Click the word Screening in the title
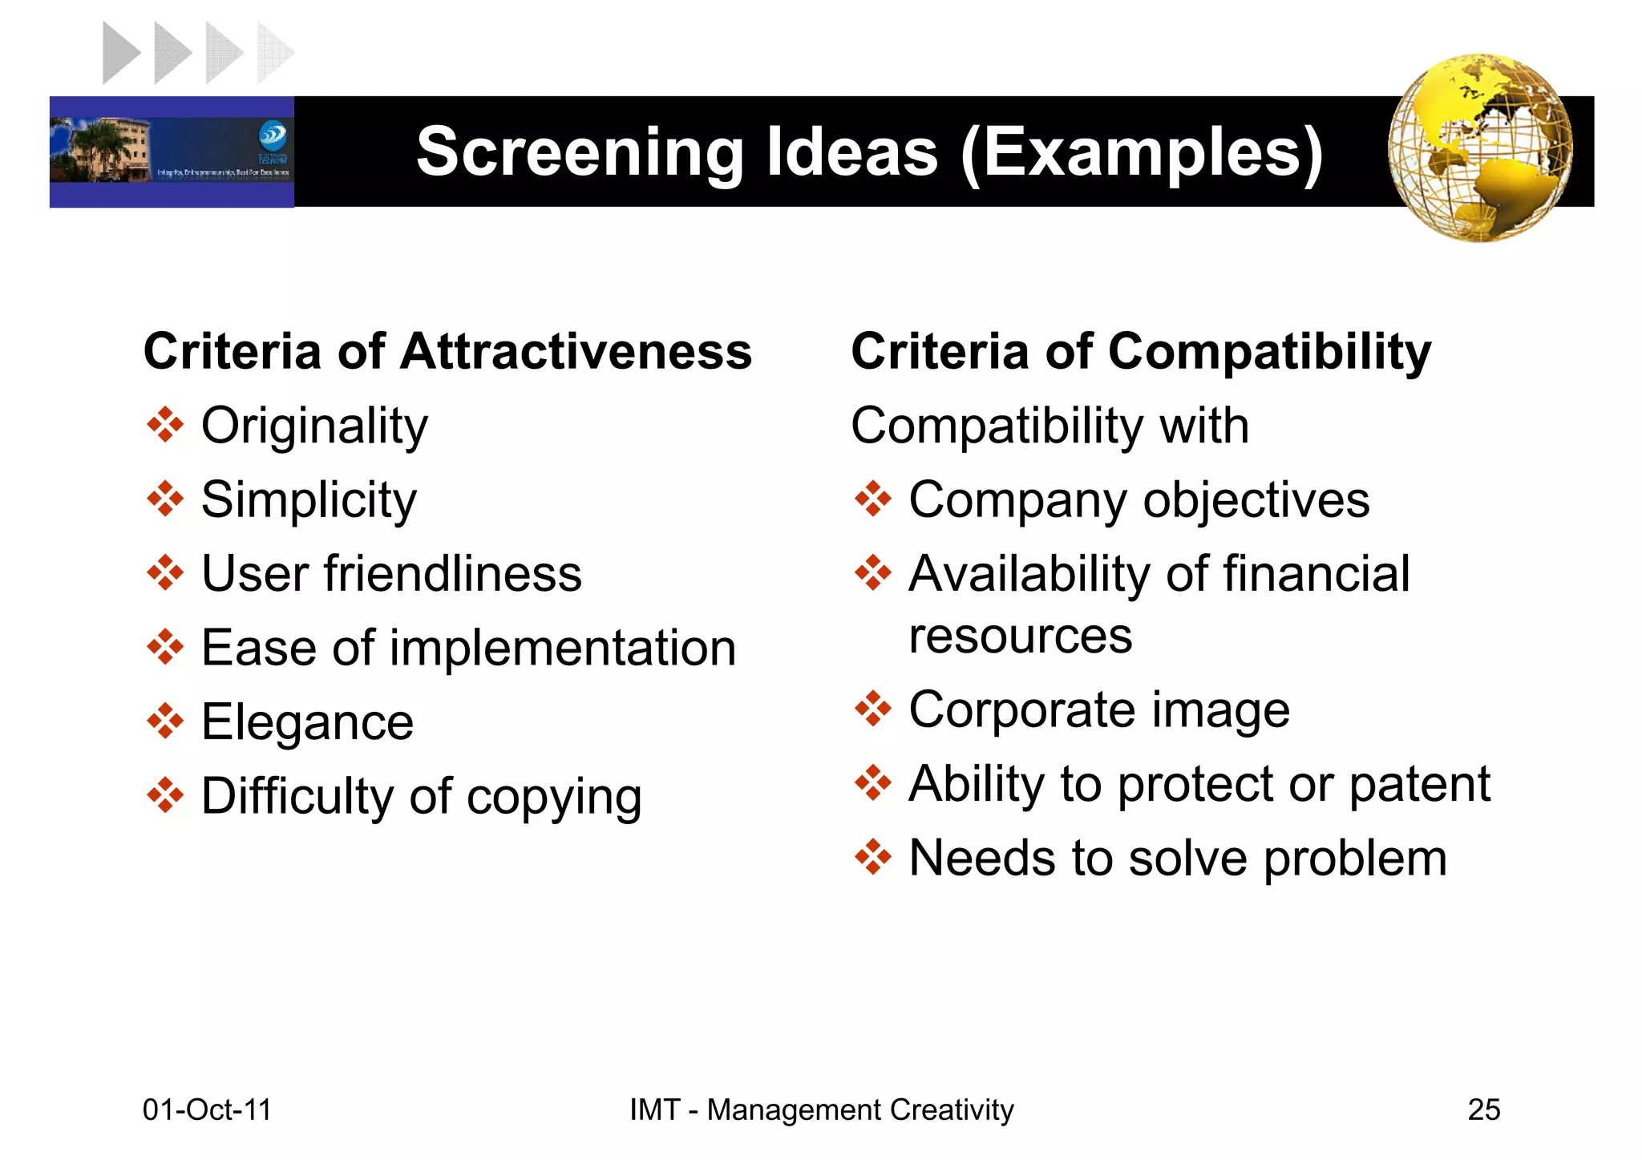[x=580, y=152]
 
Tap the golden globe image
[x=1480, y=148]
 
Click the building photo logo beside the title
[x=172, y=152]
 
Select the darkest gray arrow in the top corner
[x=121, y=53]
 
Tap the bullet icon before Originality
[x=165, y=425]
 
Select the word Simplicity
[x=309, y=500]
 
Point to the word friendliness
[x=453, y=574]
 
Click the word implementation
[x=563, y=648]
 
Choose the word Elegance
[x=307, y=722]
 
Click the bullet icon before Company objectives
[x=872, y=499]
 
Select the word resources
[x=1020, y=637]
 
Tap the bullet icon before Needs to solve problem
[x=872, y=858]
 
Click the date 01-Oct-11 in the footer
[x=207, y=1109]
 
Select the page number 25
[x=1483, y=1109]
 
